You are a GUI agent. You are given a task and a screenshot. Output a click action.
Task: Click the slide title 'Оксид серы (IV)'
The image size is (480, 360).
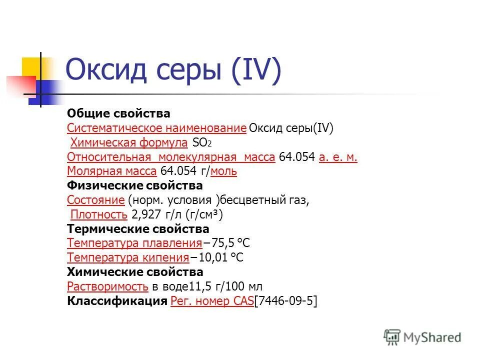tap(173, 70)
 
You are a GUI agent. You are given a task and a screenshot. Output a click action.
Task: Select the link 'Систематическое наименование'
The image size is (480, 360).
tap(156, 128)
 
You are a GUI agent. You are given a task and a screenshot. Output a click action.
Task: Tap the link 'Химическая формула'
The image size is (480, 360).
tap(129, 143)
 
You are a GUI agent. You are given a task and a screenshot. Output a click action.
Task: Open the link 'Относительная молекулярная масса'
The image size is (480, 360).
tap(171, 157)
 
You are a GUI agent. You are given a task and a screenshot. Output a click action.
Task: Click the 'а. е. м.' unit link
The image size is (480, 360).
tap(338, 157)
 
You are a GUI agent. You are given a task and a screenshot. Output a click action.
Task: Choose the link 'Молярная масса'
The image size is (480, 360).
tap(112, 171)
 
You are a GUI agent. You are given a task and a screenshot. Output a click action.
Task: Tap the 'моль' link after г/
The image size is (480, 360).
tap(224, 171)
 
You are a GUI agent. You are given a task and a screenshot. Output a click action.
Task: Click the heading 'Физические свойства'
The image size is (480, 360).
tap(135, 186)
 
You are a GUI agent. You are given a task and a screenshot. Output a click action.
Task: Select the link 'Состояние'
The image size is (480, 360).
tap(95, 200)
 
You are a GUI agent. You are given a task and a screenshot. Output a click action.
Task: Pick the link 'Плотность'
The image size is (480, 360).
tap(99, 215)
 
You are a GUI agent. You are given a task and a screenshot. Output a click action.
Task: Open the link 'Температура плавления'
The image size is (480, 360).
tap(134, 243)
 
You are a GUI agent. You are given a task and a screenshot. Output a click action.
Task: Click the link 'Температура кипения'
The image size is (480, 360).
tap(128, 258)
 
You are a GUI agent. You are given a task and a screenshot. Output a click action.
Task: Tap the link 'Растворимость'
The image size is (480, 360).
tap(107, 286)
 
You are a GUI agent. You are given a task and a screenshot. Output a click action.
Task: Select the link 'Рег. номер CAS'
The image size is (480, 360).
tap(212, 301)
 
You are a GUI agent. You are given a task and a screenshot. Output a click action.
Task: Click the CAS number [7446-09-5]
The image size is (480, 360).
tap(286, 301)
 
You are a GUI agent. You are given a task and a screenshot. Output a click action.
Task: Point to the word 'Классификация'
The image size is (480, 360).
tap(117, 301)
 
